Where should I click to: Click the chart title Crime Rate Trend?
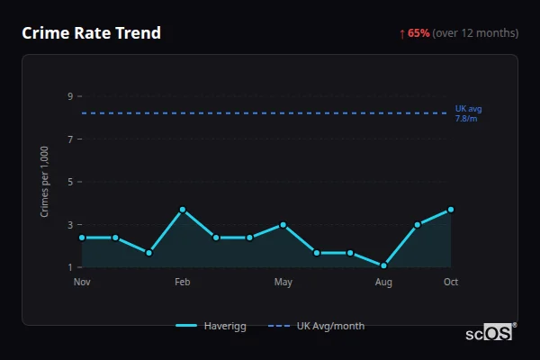pyautogui.click(x=91, y=33)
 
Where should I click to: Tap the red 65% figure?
pyautogui.click(x=418, y=33)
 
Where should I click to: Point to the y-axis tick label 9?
pyautogui.click(x=69, y=96)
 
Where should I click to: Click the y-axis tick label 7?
pyautogui.click(x=69, y=139)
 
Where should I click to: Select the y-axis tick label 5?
pyautogui.click(x=69, y=182)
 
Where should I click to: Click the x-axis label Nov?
pyautogui.click(x=82, y=283)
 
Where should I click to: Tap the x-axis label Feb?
pyautogui.click(x=183, y=283)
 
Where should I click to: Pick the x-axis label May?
pyautogui.click(x=283, y=283)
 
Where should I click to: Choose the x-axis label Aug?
pyautogui.click(x=384, y=283)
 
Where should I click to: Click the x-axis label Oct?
pyautogui.click(x=451, y=283)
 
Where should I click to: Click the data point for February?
pyautogui.click(x=183, y=210)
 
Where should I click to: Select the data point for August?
pyautogui.click(x=384, y=265)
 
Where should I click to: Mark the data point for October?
pyautogui.click(x=451, y=210)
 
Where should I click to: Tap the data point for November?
pyautogui.click(x=82, y=238)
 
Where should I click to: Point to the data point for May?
pyautogui.click(x=283, y=225)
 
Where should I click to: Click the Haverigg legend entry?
pyautogui.click(x=211, y=326)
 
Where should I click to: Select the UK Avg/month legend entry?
pyautogui.click(x=319, y=326)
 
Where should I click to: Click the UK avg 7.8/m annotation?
pyautogui.click(x=466, y=113)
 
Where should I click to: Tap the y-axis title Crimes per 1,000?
pyautogui.click(x=45, y=181)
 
